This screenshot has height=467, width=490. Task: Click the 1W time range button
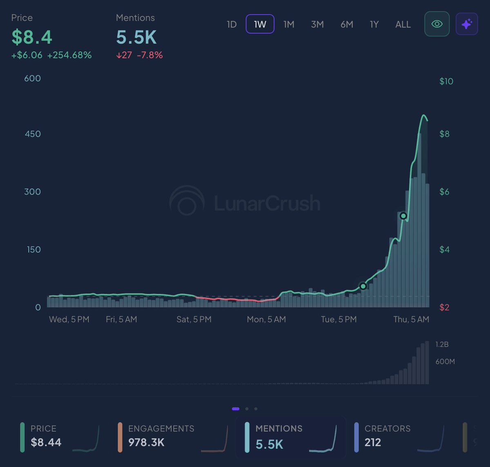[x=260, y=24]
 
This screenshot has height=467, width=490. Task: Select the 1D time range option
[x=232, y=24]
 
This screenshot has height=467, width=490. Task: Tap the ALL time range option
[x=403, y=24]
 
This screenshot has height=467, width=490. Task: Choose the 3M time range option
[x=317, y=24]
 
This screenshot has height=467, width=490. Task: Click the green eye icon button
[x=437, y=24]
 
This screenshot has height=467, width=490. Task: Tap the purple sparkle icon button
[x=467, y=24]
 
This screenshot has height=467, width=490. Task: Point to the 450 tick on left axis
[x=33, y=134]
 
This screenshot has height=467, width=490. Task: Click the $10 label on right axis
[x=446, y=81]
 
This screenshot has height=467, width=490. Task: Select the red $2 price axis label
[x=444, y=307]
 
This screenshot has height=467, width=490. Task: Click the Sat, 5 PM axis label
[x=194, y=319]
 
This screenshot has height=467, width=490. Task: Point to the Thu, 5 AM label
[x=411, y=319]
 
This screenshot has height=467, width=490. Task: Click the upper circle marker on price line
[x=403, y=216]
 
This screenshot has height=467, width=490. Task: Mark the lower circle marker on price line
[x=363, y=286]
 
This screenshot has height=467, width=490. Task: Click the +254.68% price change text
[x=69, y=55]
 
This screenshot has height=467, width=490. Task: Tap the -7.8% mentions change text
[x=149, y=55]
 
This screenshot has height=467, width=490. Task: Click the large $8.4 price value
[x=32, y=37]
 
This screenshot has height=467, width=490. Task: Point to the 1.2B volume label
[x=442, y=344]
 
